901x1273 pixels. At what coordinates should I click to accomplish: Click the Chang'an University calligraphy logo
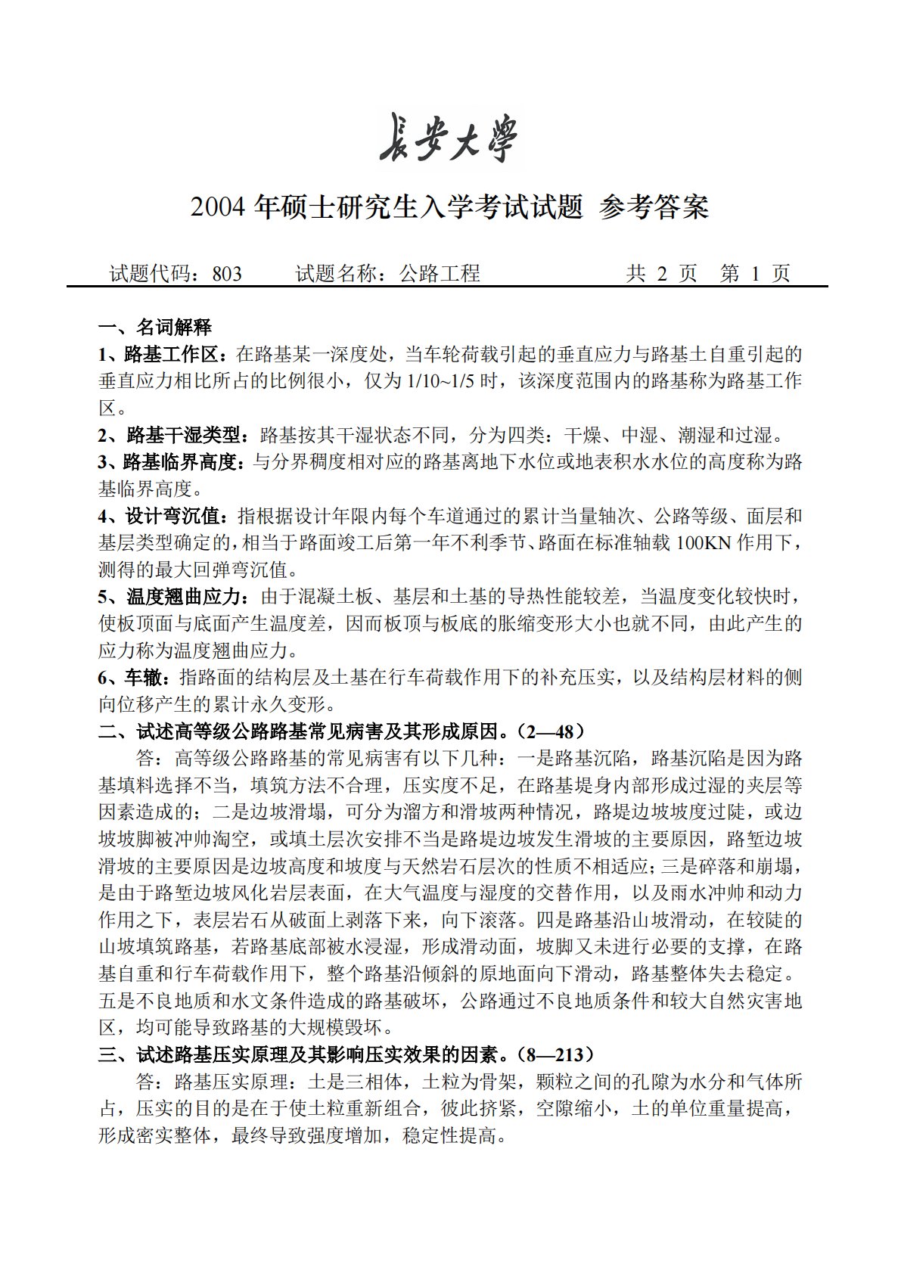[x=449, y=138]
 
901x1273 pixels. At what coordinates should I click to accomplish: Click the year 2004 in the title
[x=219, y=207]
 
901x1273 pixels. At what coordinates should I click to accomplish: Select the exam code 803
[x=227, y=274]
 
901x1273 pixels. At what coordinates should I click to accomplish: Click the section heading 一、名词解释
[x=155, y=328]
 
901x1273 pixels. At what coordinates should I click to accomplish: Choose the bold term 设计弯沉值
[x=171, y=517]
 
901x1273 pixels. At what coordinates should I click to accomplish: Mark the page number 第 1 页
[x=755, y=274]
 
